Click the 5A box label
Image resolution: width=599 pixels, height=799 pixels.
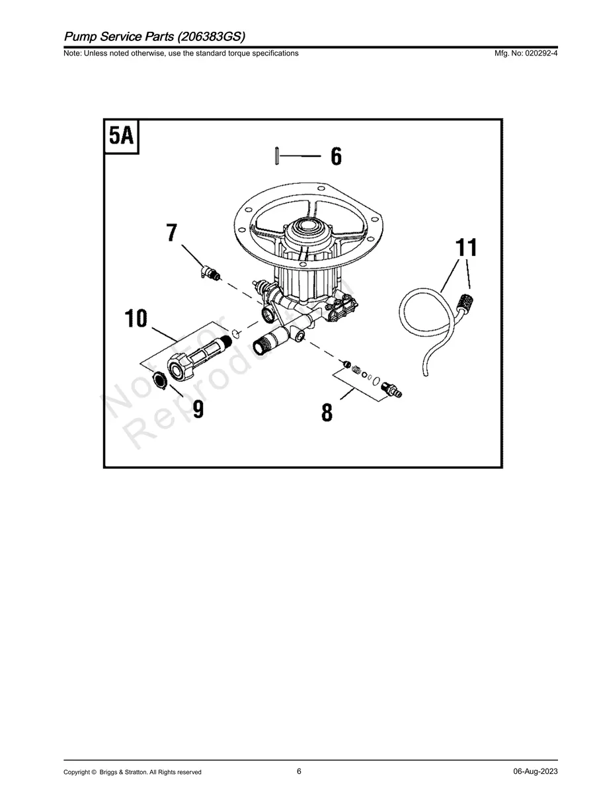pos(122,136)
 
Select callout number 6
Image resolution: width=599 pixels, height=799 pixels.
pos(336,157)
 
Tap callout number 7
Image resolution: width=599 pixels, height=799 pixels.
pos(172,233)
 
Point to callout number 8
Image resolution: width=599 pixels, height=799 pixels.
pos(327,412)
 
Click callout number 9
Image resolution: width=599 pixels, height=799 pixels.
pos(198,409)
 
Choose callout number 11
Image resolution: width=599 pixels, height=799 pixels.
pos(465,248)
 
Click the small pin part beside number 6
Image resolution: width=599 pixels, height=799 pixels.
pos(274,157)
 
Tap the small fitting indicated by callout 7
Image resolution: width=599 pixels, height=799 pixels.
pos(210,272)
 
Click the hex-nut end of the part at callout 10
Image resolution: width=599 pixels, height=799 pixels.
pos(179,366)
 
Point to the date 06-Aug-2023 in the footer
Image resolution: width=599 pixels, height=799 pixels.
pos(535,772)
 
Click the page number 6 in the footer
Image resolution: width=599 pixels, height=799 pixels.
pos(299,771)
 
